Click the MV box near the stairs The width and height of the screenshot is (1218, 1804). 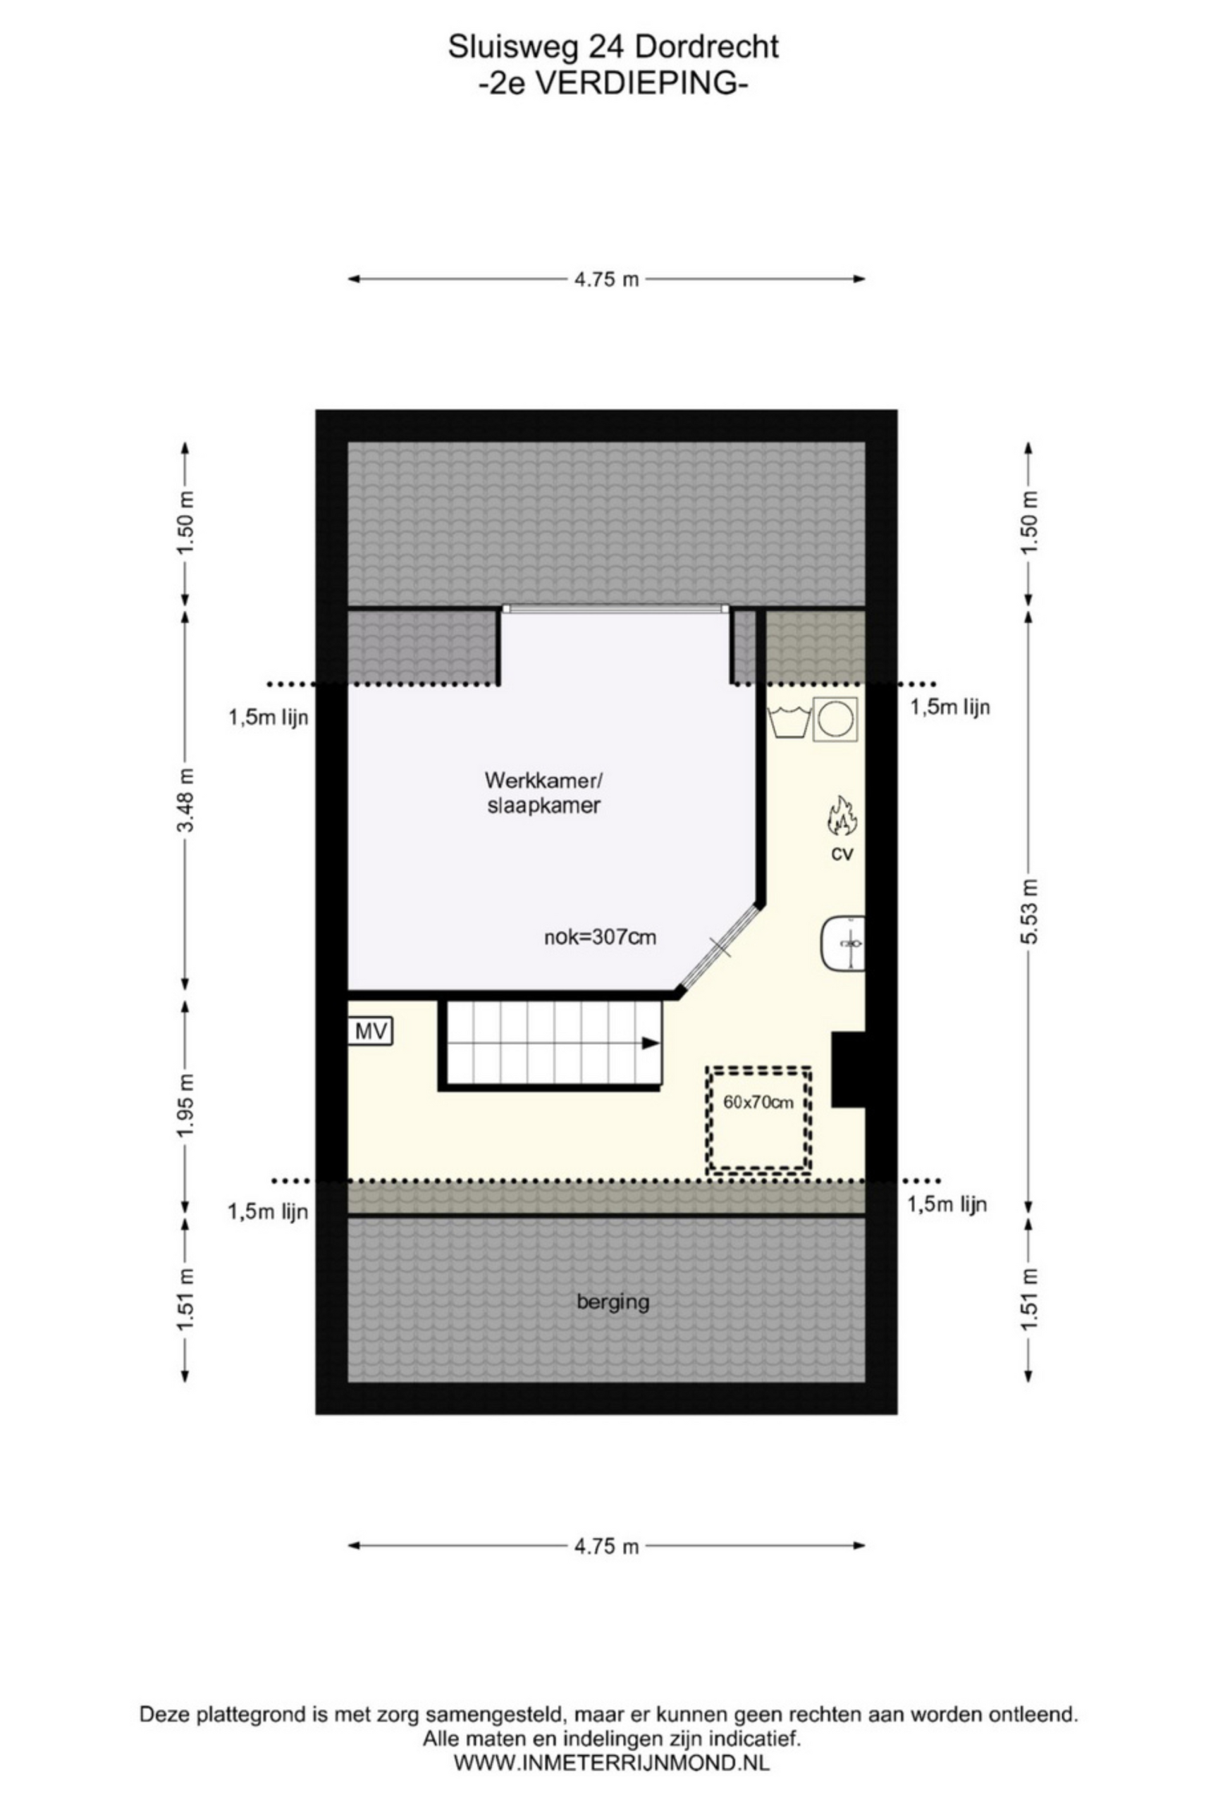(x=369, y=1032)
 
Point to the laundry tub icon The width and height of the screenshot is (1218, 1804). (x=789, y=720)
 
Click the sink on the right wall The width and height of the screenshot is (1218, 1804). (x=842, y=943)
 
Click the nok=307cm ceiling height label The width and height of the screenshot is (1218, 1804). (x=599, y=938)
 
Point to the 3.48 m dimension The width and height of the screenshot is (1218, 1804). (x=185, y=800)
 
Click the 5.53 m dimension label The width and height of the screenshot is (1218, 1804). (x=1028, y=910)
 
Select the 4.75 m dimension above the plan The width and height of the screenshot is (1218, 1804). (x=605, y=278)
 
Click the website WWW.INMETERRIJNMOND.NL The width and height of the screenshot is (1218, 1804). (x=611, y=1762)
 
